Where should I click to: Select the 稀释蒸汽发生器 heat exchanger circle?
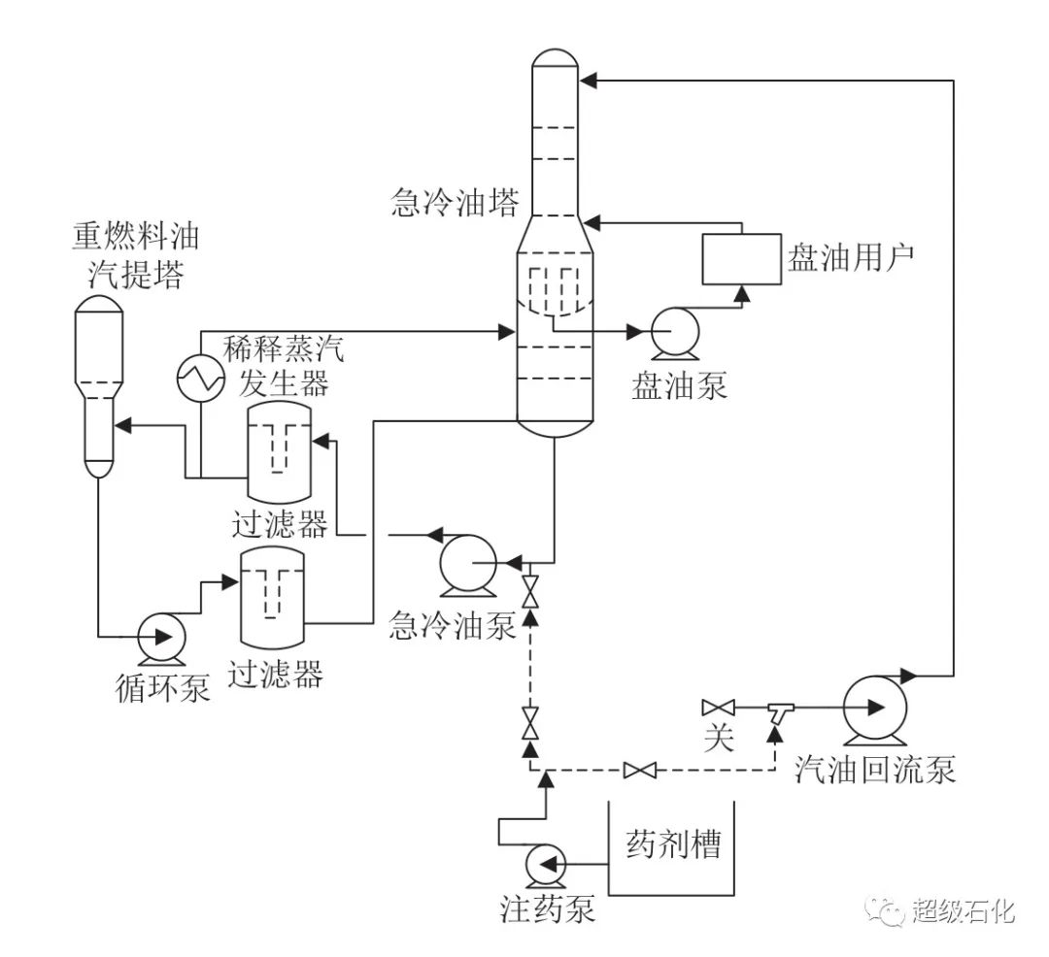click(x=201, y=377)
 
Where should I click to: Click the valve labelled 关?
click(x=717, y=707)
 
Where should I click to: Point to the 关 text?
click(x=717, y=739)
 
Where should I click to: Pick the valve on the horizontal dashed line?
click(x=639, y=771)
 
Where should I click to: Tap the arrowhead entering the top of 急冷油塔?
click(x=588, y=81)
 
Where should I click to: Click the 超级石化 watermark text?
click(x=963, y=910)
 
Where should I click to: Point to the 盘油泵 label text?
click(x=679, y=385)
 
